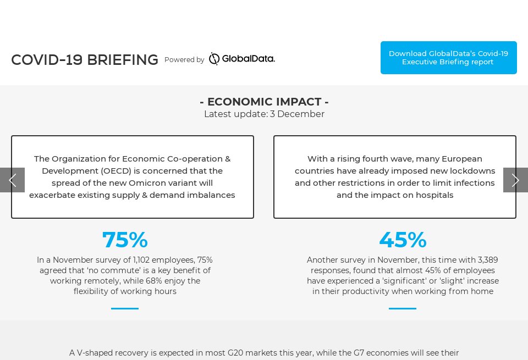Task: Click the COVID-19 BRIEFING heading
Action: pos(85,60)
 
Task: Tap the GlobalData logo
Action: pos(241,59)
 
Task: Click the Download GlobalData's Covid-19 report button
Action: pos(448,58)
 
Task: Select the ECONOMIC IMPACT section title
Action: pos(264,102)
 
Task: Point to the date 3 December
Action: pos(297,114)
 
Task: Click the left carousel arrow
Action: pos(12,180)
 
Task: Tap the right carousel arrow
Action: pos(515,180)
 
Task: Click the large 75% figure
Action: pos(125,240)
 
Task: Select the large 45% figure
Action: pos(403,240)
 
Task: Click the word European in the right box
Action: pos(464,159)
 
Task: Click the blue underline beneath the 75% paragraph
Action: pos(125,308)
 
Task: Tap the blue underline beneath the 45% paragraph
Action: pos(403,308)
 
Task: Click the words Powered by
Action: pos(184,60)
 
